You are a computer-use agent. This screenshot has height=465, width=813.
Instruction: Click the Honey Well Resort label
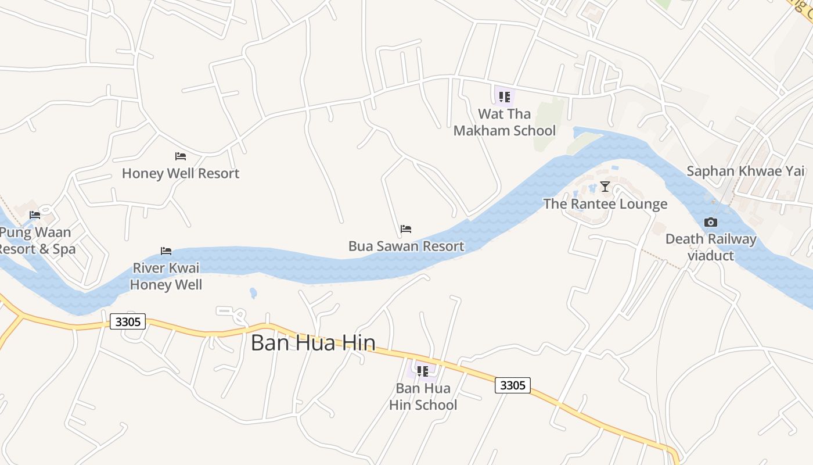[x=181, y=173]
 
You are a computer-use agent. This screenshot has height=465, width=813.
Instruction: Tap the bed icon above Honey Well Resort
[x=181, y=156]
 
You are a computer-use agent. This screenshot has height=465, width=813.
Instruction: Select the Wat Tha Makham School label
[x=504, y=122]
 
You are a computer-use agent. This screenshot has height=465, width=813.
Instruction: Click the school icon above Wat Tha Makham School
[x=504, y=97]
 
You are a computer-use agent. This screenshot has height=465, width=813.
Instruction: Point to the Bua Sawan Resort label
[x=406, y=246]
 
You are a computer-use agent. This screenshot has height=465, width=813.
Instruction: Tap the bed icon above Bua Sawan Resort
[x=406, y=229]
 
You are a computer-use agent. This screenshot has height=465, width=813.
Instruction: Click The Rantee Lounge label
[x=605, y=203]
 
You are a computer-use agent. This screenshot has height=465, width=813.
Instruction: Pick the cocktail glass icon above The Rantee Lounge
[x=605, y=187]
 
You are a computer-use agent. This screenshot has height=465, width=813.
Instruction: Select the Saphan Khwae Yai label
[x=746, y=171]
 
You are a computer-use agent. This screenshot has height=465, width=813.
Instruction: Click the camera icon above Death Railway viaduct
[x=710, y=222]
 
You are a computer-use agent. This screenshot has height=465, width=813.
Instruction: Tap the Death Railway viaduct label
[x=711, y=247]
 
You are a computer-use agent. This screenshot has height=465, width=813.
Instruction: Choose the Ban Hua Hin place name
[x=313, y=343]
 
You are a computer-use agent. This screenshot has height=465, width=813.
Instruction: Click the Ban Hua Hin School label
[x=423, y=396]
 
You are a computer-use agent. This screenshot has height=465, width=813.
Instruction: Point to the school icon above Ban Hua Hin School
[x=423, y=371]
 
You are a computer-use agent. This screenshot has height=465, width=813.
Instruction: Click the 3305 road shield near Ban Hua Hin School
[x=513, y=385]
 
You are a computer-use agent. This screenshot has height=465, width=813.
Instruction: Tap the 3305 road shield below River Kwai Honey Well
[x=128, y=321]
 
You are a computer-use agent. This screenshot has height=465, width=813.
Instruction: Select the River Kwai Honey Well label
[x=166, y=276]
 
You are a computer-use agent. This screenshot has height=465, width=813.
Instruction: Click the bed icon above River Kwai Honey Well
[x=166, y=251]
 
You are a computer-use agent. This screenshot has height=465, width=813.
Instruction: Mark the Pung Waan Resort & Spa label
[x=36, y=241]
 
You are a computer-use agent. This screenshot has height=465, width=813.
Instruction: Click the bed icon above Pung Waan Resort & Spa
[x=35, y=215]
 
